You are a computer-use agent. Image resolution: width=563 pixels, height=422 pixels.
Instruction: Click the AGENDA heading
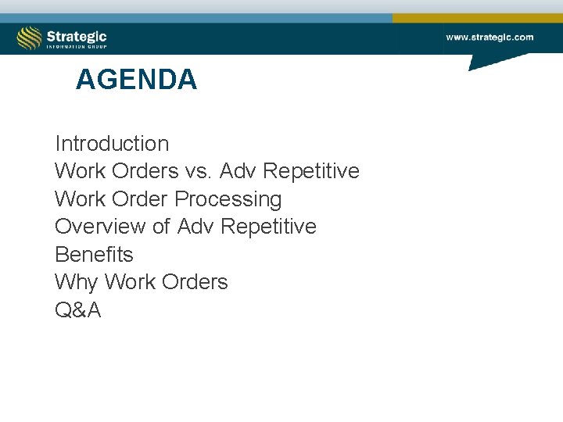click(x=136, y=80)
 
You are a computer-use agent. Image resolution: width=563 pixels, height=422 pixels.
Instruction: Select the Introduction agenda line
click(x=112, y=144)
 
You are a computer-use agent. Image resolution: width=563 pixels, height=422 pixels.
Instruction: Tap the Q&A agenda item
click(x=78, y=310)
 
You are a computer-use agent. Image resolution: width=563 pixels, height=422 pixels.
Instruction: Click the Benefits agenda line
click(x=94, y=255)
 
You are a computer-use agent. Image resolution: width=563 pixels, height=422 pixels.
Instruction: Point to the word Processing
click(x=228, y=199)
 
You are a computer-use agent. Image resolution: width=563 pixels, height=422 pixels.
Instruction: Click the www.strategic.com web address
click(x=489, y=37)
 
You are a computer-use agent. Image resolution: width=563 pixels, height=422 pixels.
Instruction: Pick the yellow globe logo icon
click(x=30, y=38)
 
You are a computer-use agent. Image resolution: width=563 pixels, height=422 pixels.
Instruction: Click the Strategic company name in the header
click(x=76, y=35)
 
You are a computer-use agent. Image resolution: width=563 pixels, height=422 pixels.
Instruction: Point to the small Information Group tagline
click(x=76, y=47)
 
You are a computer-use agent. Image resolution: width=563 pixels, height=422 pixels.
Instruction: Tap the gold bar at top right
click(x=477, y=18)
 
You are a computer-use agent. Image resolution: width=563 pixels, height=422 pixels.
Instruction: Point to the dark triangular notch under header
click(x=489, y=61)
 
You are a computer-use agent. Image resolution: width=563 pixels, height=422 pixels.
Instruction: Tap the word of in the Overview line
click(x=161, y=227)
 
